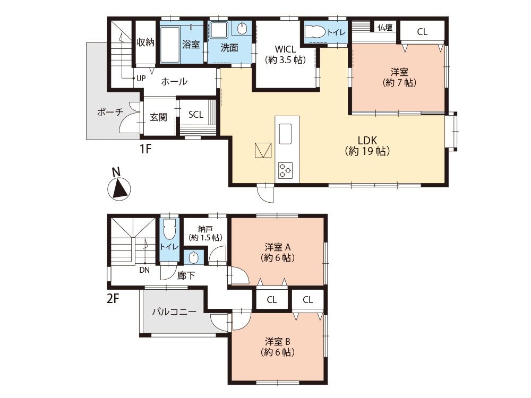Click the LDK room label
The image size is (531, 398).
pos(367,145)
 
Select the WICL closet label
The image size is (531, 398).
pos(286,55)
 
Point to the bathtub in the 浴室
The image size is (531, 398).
pos(170,45)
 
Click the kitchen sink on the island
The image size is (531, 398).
pos(285,134)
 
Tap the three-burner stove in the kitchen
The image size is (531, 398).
pos(285,170)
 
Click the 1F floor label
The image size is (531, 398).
pos(145,149)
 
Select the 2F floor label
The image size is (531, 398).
pos(113,298)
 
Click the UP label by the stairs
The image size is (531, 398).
pos(141,79)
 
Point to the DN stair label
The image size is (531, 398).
pos(144,270)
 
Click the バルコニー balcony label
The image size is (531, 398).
pos(174,312)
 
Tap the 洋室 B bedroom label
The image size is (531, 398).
pos(278,347)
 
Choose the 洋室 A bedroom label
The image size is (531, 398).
pos(278,252)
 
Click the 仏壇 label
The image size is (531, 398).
pos(385,28)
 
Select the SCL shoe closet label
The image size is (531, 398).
pos(196,115)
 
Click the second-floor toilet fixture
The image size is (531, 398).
pos(170,229)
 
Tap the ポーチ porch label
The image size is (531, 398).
pos(110,112)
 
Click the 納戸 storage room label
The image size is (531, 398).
pos(205,233)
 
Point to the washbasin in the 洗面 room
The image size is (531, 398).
pos(243,29)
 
